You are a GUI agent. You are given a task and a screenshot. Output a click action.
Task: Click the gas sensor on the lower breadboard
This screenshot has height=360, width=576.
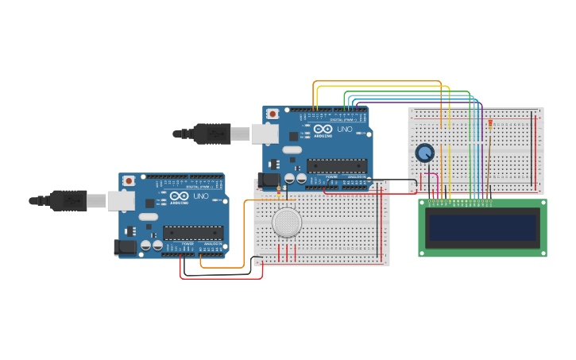[x=287, y=223]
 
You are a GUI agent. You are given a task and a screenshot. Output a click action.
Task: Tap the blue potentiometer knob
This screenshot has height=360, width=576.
[x=425, y=153]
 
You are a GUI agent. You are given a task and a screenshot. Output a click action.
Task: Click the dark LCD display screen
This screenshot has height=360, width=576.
[x=482, y=227]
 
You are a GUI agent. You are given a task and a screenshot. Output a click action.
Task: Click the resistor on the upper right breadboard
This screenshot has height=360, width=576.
[x=490, y=124]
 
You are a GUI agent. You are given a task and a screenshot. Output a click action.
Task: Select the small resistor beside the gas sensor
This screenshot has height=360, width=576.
[x=279, y=191]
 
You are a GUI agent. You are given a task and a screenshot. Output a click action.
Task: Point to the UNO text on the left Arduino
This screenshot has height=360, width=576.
[x=201, y=195]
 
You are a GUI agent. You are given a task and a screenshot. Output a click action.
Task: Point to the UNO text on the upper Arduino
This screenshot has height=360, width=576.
[x=345, y=129]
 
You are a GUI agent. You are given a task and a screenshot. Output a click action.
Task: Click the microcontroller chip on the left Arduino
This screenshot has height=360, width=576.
[x=193, y=233]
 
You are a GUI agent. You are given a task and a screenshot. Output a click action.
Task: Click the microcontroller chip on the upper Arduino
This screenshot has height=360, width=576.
[x=337, y=166]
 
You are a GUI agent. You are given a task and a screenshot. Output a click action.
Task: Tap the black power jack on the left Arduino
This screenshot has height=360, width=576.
[x=125, y=247]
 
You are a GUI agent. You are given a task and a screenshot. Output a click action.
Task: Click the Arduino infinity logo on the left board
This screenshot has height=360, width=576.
[x=179, y=195]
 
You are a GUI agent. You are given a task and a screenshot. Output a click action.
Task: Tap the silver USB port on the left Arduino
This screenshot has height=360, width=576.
[x=121, y=200]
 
